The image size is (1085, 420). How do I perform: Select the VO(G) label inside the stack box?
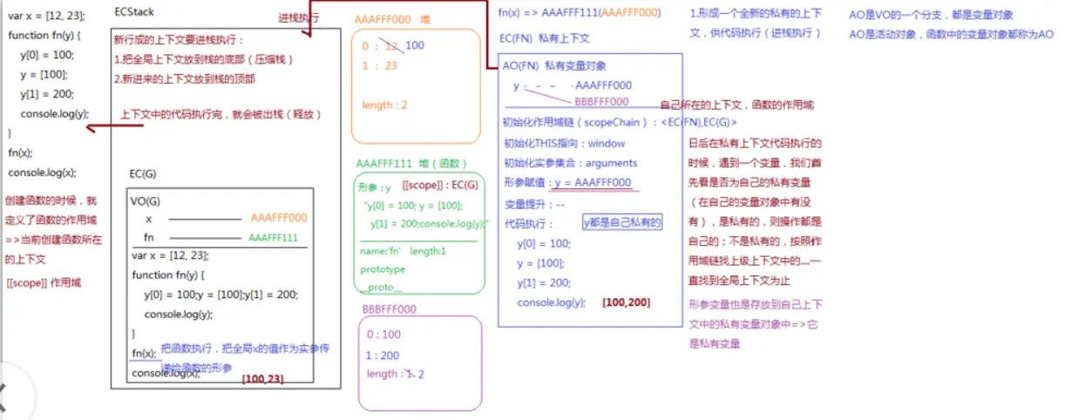[146, 200]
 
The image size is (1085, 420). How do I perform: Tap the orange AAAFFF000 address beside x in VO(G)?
[278, 219]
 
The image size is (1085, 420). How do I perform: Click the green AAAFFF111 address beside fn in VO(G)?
[273, 237]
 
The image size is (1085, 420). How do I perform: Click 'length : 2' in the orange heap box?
[384, 105]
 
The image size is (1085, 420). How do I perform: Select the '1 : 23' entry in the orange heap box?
[379, 65]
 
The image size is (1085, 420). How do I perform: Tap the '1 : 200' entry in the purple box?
[383, 356]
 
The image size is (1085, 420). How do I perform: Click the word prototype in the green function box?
[383, 270]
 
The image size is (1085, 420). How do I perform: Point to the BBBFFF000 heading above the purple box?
[389, 308]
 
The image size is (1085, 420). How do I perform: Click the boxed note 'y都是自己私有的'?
[622, 223]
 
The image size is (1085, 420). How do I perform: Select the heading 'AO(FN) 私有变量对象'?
[554, 66]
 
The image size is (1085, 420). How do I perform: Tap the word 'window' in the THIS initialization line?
[607, 144]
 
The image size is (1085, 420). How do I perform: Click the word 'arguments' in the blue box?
[611, 163]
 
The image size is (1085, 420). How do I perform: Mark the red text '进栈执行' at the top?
[299, 17]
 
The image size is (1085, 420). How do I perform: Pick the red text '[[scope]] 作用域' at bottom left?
[44, 282]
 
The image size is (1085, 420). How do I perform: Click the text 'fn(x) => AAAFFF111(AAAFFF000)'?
[579, 13]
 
